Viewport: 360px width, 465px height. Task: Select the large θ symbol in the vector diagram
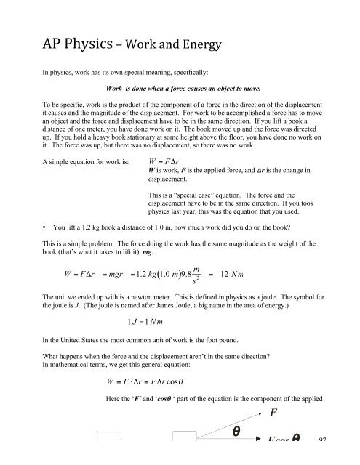tap(236, 452)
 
